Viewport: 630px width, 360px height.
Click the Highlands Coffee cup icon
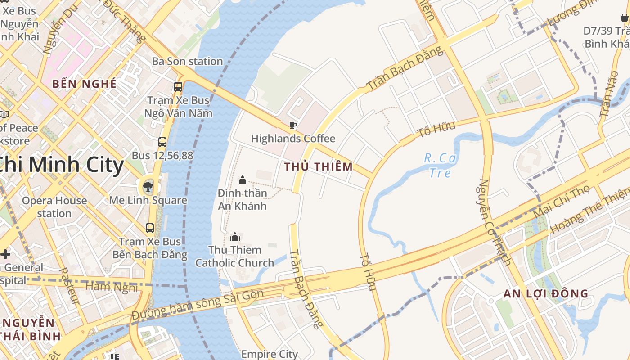coord(293,125)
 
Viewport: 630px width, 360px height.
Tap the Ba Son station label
coord(187,61)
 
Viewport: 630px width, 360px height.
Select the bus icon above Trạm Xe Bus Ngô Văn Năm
coord(178,87)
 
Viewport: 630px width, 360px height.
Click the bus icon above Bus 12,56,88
coord(162,143)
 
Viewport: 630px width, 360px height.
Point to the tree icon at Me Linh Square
coord(148,186)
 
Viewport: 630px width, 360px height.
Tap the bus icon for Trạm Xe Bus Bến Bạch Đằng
coord(150,228)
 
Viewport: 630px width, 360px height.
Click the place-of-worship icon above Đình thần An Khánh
coord(243,180)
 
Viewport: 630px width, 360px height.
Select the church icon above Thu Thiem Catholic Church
coord(234,237)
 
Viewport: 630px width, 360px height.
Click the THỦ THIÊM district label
coord(319,167)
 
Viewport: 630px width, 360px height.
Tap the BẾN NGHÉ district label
coord(84,84)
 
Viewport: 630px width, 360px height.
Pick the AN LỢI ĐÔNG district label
coord(545,294)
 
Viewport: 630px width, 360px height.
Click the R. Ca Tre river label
coord(440,165)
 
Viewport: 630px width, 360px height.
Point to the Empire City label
coord(270,354)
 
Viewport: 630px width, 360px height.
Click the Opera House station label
coord(54,207)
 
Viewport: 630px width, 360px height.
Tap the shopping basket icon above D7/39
coord(624,18)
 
